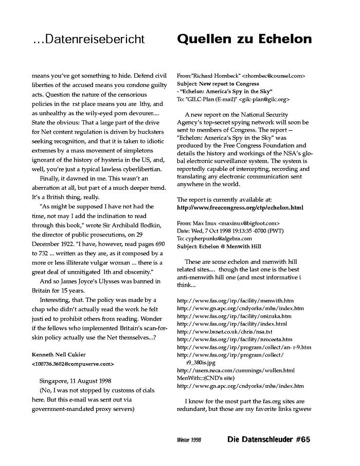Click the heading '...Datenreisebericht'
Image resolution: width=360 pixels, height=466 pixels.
coord(88,40)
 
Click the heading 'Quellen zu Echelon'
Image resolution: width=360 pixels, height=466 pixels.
coord(244,40)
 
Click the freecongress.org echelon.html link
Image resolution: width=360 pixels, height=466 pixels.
coord(240,208)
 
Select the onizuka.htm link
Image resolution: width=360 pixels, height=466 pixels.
coord(234,316)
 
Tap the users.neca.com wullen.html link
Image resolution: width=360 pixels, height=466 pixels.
coord(236,370)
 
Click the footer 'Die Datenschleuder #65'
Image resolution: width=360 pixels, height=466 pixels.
coord(269,440)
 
